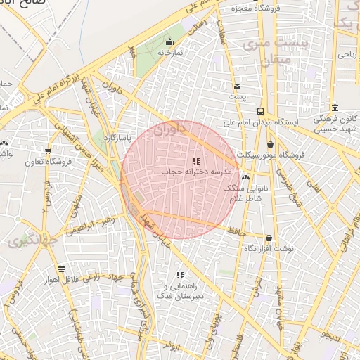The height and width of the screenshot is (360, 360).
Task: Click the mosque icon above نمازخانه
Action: pos(169,41)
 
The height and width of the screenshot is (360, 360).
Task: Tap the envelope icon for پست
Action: pos(238,87)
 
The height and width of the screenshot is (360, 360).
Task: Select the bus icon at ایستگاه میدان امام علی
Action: pos(261,111)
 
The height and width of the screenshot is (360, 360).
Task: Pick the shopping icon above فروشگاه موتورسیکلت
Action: pos(271,144)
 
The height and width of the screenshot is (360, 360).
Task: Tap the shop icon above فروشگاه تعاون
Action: pos(48,150)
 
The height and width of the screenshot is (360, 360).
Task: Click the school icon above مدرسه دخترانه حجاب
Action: pos(196,161)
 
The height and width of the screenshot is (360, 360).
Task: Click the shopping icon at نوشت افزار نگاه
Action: pos(269,238)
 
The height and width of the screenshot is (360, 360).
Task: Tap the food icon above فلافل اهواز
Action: pos(62,269)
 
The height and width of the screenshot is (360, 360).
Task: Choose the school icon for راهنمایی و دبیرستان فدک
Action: pos(180,275)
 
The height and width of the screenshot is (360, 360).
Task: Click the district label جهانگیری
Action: pos(27,243)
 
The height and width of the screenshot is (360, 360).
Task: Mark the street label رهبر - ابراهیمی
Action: pos(89,224)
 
